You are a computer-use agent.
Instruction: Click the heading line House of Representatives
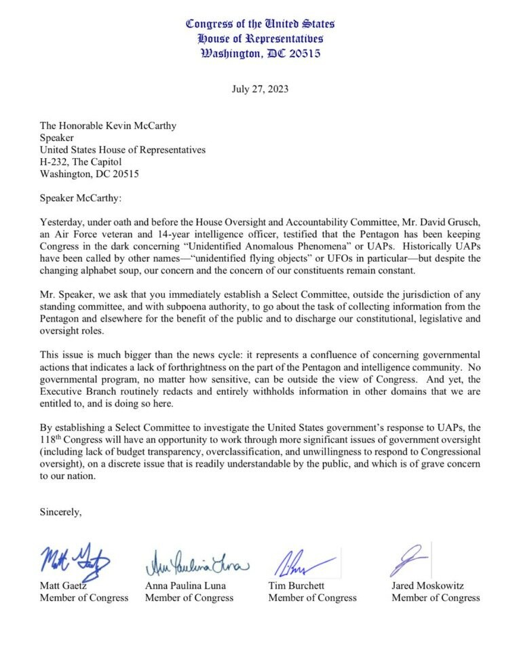click(261, 39)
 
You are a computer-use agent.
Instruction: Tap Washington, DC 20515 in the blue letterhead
click(261, 54)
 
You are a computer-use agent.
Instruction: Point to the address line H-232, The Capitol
click(81, 162)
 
